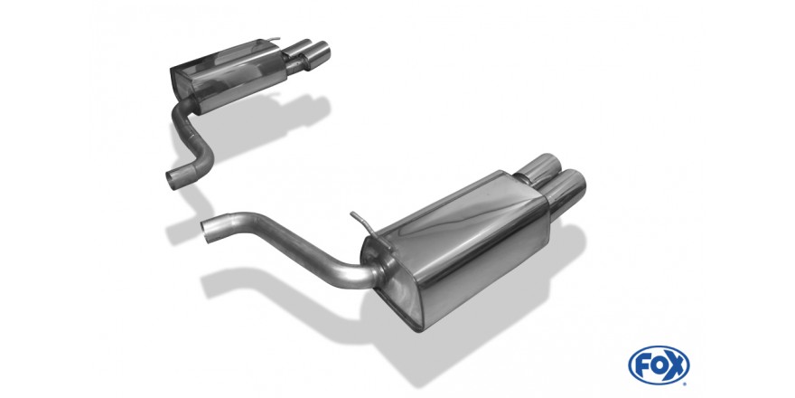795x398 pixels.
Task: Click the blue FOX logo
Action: pyautogui.click(x=659, y=365)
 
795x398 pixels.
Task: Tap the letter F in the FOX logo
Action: pyautogui.click(x=643, y=365)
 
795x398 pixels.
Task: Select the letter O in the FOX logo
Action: pyautogui.click(x=659, y=365)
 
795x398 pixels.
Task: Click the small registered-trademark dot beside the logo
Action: pyautogui.click(x=687, y=384)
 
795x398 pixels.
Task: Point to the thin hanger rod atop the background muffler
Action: pyautogui.click(x=272, y=39)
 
